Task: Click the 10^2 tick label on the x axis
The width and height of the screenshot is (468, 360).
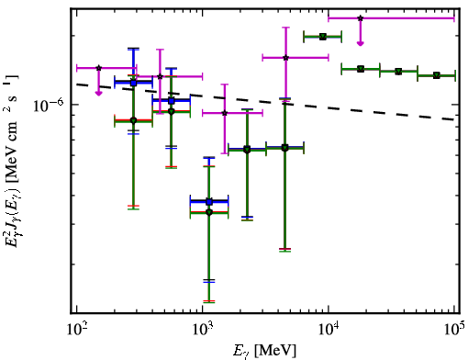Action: pyautogui.click(x=76, y=329)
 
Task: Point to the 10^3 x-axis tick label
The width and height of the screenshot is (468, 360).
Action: pyautogui.click(x=203, y=329)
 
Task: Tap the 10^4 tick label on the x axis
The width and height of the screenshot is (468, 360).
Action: pyautogui.click(x=329, y=329)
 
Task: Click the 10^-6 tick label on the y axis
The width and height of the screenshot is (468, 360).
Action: pyautogui.click(x=49, y=106)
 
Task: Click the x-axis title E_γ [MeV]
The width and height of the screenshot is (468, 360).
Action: pyautogui.click(x=264, y=351)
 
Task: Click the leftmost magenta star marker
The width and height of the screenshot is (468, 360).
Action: pyautogui.click(x=98, y=68)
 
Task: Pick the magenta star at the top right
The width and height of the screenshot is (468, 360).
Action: pyautogui.click(x=361, y=18)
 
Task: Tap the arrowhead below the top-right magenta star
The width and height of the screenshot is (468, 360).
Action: pyautogui.click(x=361, y=43)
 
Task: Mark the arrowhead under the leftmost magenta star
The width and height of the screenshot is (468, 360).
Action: pyautogui.click(x=98, y=93)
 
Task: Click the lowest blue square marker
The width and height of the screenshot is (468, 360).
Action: pyautogui.click(x=209, y=202)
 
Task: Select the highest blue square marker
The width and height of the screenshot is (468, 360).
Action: pyautogui.click(x=133, y=83)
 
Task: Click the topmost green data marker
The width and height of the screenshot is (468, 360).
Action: pyautogui.click(x=323, y=37)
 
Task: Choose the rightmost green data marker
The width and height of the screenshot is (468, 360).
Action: pyautogui.click(x=437, y=75)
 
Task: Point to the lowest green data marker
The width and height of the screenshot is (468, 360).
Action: pyautogui.click(x=209, y=212)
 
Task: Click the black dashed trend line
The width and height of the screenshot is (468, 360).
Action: pyautogui.click(x=265, y=102)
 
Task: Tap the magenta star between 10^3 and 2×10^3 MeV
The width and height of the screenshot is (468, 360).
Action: pyautogui.click(x=225, y=113)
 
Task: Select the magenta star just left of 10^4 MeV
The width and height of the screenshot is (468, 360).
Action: pyautogui.click(x=285, y=58)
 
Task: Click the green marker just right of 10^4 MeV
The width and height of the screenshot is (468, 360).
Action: pyautogui.click(x=361, y=69)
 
